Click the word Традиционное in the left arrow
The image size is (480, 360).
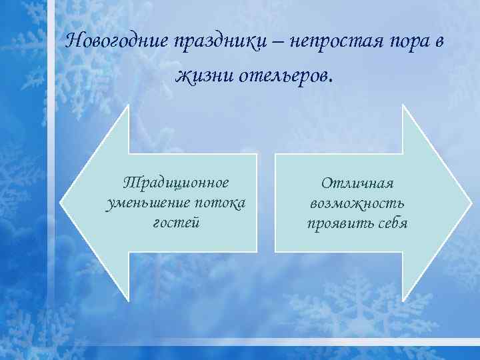tap(176, 182)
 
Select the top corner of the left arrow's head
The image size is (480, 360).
tap(128, 105)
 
